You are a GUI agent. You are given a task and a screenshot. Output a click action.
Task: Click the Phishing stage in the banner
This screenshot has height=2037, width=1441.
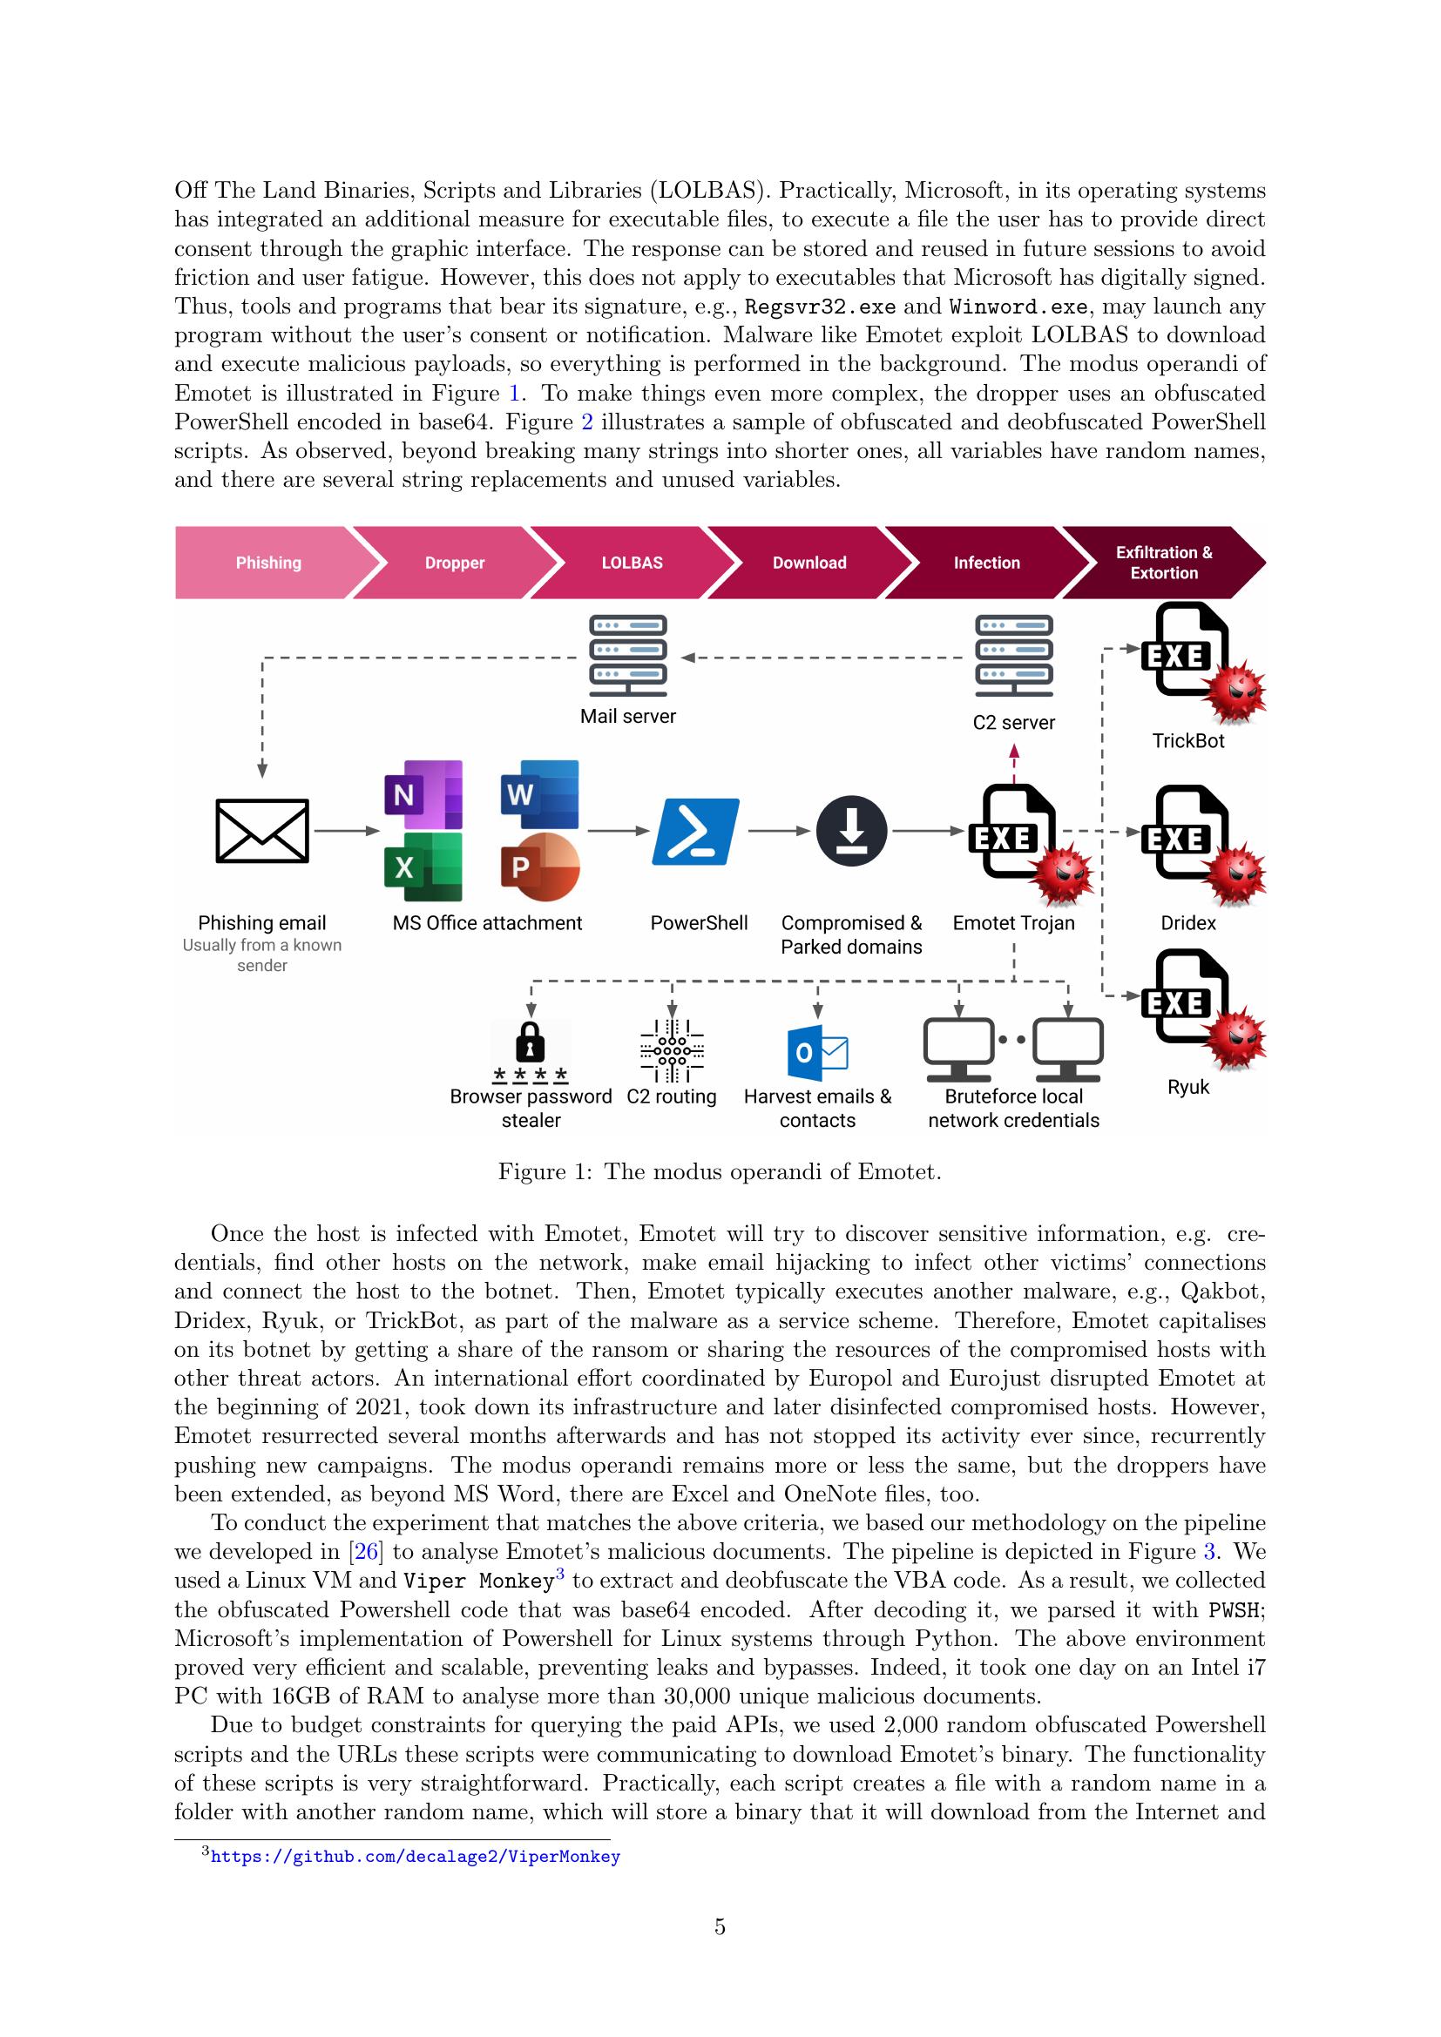(x=268, y=563)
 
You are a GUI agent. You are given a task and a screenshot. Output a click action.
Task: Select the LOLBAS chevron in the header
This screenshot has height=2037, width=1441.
(x=632, y=563)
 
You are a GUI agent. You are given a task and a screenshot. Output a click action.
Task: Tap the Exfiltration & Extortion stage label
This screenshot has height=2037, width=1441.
(x=1163, y=563)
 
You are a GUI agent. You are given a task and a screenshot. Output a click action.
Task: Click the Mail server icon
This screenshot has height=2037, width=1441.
(x=628, y=657)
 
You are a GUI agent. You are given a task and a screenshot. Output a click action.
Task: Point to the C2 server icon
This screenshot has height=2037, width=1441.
(x=1013, y=657)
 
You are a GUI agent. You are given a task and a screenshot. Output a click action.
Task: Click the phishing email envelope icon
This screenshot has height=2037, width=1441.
(x=262, y=831)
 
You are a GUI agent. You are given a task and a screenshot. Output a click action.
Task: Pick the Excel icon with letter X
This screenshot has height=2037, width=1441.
(x=423, y=867)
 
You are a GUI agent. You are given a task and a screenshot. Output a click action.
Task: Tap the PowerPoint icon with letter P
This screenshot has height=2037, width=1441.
(x=539, y=867)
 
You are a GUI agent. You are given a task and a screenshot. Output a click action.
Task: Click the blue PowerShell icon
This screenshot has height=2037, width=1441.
(x=695, y=832)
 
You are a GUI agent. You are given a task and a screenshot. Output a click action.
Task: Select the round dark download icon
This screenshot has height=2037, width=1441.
(x=852, y=832)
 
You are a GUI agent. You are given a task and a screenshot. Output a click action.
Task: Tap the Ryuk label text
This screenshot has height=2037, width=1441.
(x=1188, y=1087)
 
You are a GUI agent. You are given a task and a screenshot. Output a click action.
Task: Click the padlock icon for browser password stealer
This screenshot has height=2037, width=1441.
(x=531, y=1042)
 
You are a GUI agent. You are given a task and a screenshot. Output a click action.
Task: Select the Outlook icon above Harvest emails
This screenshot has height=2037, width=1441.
(x=817, y=1052)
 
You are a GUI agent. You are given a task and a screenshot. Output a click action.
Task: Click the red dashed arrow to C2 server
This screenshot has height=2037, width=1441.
(x=1014, y=764)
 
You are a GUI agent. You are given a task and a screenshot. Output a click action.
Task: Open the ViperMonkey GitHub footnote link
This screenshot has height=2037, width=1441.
(x=416, y=1856)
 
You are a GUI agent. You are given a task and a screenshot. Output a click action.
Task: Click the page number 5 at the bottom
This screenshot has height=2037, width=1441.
(x=720, y=1926)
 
